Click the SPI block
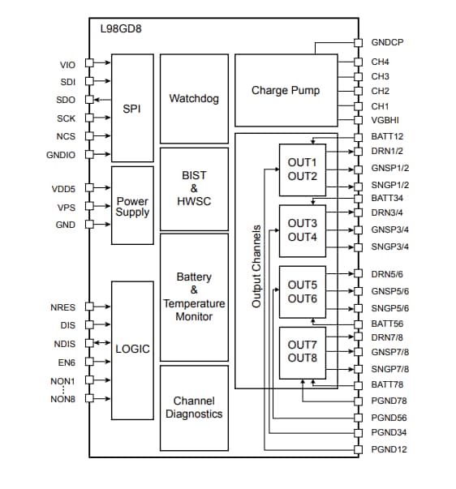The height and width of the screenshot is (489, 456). [132, 108]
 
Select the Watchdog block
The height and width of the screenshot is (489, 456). [194, 98]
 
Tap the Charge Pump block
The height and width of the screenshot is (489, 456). [285, 90]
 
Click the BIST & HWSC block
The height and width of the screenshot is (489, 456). [194, 187]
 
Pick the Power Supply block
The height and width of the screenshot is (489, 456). [132, 206]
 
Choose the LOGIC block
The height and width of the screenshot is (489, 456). [132, 349]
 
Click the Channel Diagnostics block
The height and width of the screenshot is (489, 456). [194, 407]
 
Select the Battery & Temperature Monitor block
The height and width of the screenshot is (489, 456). [194, 297]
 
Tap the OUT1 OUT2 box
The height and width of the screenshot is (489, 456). [302, 169]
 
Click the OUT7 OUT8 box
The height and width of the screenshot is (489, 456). [302, 352]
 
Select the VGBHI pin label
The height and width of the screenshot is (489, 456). [386, 121]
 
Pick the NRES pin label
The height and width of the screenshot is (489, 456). [62, 307]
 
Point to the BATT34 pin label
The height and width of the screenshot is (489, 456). [388, 198]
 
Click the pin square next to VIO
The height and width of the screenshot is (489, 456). [89, 62]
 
